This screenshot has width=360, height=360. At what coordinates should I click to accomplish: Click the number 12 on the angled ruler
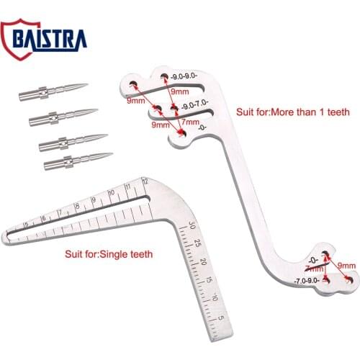[x=145, y=181]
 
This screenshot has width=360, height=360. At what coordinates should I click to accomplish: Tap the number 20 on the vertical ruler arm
[x=204, y=261]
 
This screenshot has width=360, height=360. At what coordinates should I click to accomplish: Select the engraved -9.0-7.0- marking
[x=194, y=105]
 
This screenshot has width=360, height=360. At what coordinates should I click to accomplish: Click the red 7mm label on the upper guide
[x=191, y=123]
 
